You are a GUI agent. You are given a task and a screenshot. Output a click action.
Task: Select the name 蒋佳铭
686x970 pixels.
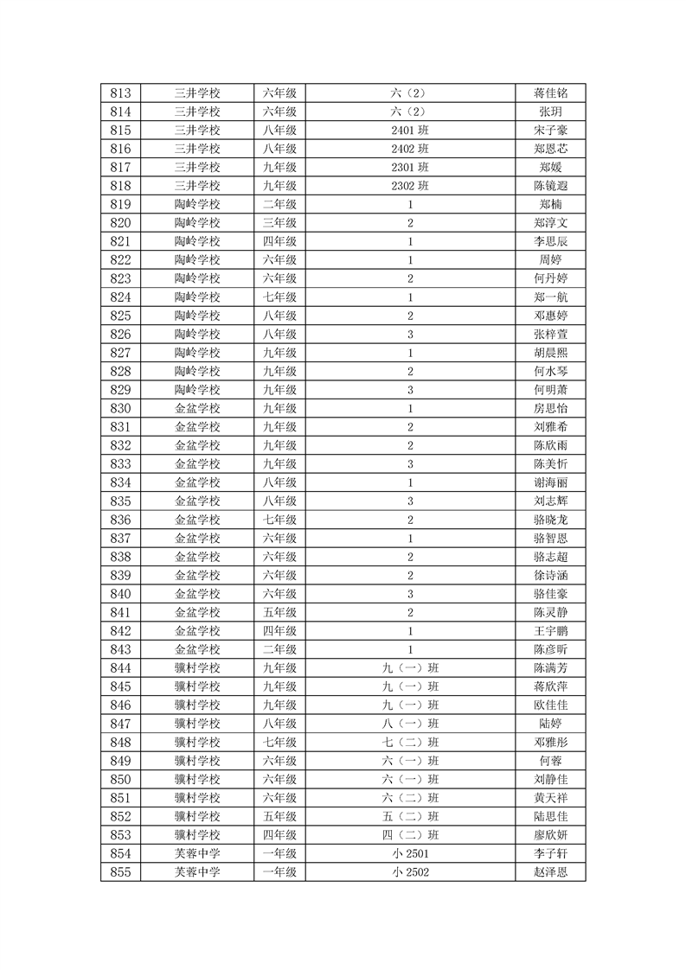pyautogui.click(x=550, y=93)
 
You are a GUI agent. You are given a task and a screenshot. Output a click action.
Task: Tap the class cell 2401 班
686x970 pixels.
pyautogui.click(x=410, y=131)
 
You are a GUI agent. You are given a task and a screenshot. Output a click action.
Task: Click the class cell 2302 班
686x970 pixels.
pyautogui.click(x=410, y=186)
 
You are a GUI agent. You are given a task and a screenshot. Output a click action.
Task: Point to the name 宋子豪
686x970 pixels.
pyautogui.click(x=550, y=131)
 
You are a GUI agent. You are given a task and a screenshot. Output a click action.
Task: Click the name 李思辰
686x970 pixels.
pyautogui.click(x=550, y=242)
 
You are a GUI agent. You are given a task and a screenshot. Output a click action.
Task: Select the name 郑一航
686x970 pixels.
pyautogui.click(x=550, y=297)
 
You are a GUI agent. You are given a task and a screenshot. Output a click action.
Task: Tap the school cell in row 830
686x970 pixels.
pyautogui.click(x=197, y=408)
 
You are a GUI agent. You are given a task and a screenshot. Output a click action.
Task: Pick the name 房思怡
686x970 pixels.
pyautogui.click(x=550, y=408)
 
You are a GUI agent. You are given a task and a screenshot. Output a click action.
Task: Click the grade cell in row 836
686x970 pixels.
pyautogui.click(x=279, y=520)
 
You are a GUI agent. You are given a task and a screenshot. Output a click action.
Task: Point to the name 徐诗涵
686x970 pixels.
pyautogui.click(x=550, y=575)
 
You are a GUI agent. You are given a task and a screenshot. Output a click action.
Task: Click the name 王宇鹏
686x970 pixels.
pyautogui.click(x=550, y=631)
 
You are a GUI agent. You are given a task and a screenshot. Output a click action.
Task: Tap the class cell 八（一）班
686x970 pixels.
pyautogui.click(x=410, y=724)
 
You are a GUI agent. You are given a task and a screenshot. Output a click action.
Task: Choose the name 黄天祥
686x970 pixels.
pyautogui.click(x=550, y=798)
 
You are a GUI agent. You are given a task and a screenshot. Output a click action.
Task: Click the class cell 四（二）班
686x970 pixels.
pyautogui.click(x=410, y=835)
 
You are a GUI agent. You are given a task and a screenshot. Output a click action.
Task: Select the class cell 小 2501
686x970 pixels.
pyautogui.click(x=410, y=853)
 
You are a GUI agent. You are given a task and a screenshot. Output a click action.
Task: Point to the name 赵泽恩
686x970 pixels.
pyautogui.click(x=550, y=872)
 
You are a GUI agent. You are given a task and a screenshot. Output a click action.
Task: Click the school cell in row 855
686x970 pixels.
pyautogui.click(x=197, y=872)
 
